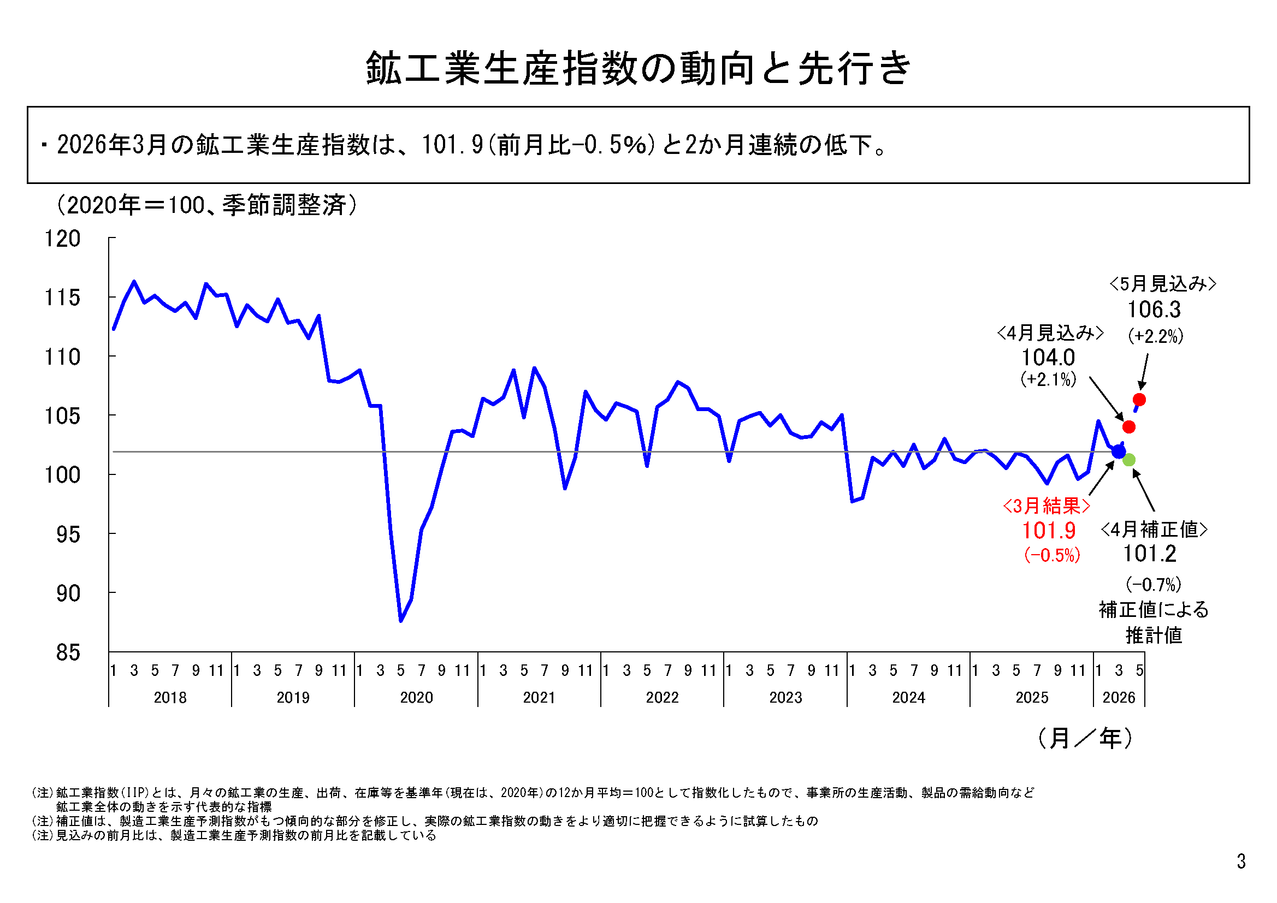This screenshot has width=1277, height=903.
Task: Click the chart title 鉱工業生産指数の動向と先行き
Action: tap(638, 68)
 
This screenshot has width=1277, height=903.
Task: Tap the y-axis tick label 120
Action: tap(62, 239)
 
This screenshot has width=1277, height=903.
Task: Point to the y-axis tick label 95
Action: tap(68, 534)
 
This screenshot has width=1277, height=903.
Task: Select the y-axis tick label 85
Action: tap(68, 652)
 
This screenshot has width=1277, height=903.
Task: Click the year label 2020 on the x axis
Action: tap(416, 697)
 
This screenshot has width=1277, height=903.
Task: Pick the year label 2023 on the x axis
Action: tap(785, 697)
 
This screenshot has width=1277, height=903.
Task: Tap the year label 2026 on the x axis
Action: tap(1119, 697)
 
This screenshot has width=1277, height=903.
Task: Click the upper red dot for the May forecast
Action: tap(1139, 399)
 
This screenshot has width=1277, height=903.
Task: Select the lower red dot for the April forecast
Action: tap(1128, 426)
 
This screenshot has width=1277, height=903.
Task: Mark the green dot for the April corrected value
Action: tap(1128, 460)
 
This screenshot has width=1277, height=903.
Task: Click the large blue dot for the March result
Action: tap(1119, 451)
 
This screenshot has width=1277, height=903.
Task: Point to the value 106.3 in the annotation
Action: tap(1154, 310)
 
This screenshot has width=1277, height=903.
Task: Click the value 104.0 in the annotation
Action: tap(1048, 358)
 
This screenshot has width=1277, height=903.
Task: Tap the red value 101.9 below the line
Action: tap(1049, 531)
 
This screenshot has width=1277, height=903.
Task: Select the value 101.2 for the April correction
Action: tap(1150, 553)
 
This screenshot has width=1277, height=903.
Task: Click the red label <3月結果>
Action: tap(1046, 506)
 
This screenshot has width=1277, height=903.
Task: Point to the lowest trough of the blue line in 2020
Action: tap(401, 621)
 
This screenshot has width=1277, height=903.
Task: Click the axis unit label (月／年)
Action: tap(1085, 739)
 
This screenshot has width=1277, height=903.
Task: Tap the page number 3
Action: tap(1241, 862)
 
